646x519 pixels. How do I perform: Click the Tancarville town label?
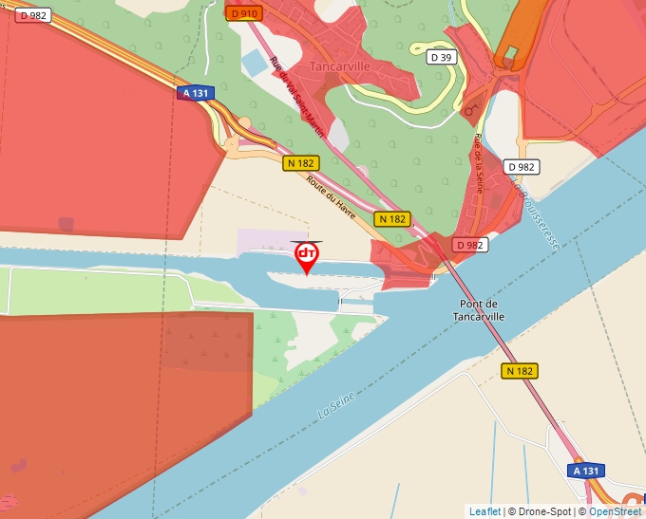(x=338, y=66)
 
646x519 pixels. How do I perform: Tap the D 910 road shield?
(x=244, y=13)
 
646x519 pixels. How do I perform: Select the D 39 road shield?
(x=441, y=57)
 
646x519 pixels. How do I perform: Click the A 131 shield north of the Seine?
(x=195, y=93)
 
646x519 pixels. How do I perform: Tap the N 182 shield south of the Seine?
(x=520, y=371)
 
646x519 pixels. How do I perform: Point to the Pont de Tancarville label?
(x=479, y=310)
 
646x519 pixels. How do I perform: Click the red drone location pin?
(x=307, y=256)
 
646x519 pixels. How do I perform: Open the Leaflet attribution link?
(x=484, y=511)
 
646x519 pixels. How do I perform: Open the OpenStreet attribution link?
(x=617, y=511)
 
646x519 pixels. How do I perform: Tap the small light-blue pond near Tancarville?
(x=255, y=63)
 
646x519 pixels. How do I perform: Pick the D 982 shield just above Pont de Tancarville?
(x=469, y=245)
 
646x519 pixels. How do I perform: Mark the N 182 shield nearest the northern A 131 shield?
(x=299, y=163)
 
